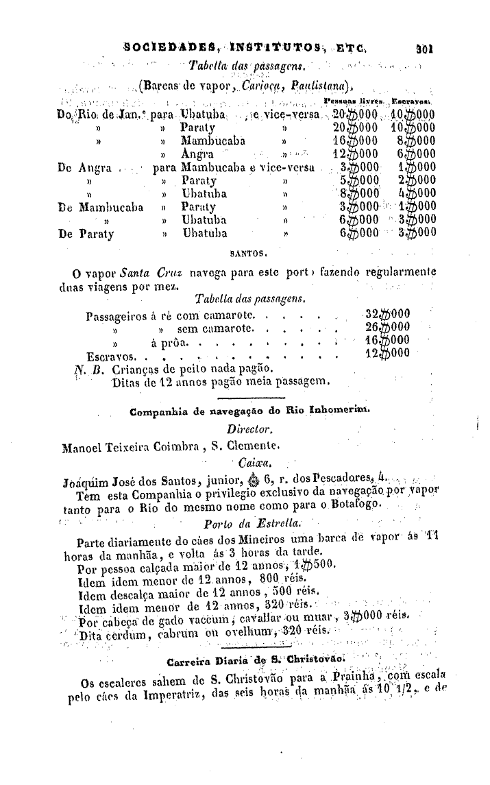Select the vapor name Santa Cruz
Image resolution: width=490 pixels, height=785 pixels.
[157, 271]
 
